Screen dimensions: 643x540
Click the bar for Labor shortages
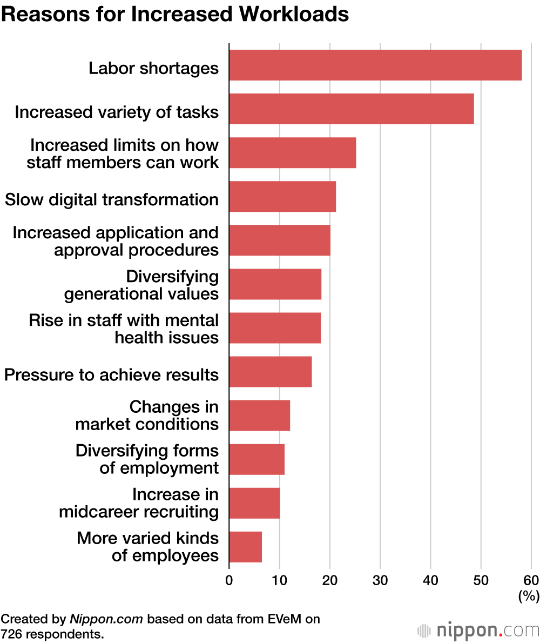(375, 65)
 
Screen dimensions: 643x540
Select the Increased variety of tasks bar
(351, 109)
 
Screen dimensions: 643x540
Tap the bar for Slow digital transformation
(282, 196)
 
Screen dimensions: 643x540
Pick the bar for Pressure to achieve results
(270, 372)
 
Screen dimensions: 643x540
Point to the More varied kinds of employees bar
(245, 547)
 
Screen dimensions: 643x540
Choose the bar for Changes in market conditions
(259, 416)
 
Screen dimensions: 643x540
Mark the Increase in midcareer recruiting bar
(254, 503)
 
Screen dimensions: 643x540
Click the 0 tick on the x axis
(229, 581)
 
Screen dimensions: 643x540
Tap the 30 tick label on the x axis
(380, 581)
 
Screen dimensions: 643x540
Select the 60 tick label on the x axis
(531, 581)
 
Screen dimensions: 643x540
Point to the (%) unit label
(529, 596)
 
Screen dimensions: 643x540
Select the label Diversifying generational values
(141, 285)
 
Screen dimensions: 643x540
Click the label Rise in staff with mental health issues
(124, 329)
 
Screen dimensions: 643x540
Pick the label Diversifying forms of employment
(147, 459)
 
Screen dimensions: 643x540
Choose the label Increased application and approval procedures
(116, 241)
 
